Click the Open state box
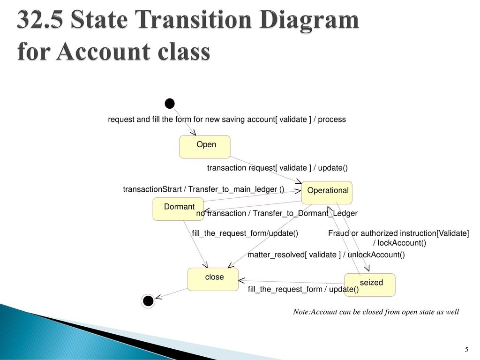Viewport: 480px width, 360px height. tap(205, 147)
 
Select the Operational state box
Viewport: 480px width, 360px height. tap(327, 193)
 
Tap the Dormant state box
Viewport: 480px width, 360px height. tap(178, 209)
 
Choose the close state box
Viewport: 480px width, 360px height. tap(213, 279)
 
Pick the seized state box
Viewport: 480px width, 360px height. tap(370, 285)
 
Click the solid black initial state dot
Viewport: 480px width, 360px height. tap(170, 104)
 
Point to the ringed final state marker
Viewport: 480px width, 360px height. tap(148, 301)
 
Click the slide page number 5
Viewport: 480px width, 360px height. tap(466, 350)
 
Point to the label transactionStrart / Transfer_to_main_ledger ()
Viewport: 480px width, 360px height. tap(203, 189)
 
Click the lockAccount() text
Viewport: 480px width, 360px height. tap(399, 243)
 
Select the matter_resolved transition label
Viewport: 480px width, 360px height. tap(326, 255)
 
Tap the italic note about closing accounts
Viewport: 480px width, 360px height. tap(376, 312)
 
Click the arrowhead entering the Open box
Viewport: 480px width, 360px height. tap(193, 132)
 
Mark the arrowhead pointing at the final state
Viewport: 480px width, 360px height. tap(158, 297)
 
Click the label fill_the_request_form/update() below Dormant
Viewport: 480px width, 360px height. tap(245, 233)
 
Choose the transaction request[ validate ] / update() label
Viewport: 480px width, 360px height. tap(277, 168)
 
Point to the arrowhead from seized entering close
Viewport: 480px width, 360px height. tap(241, 280)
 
